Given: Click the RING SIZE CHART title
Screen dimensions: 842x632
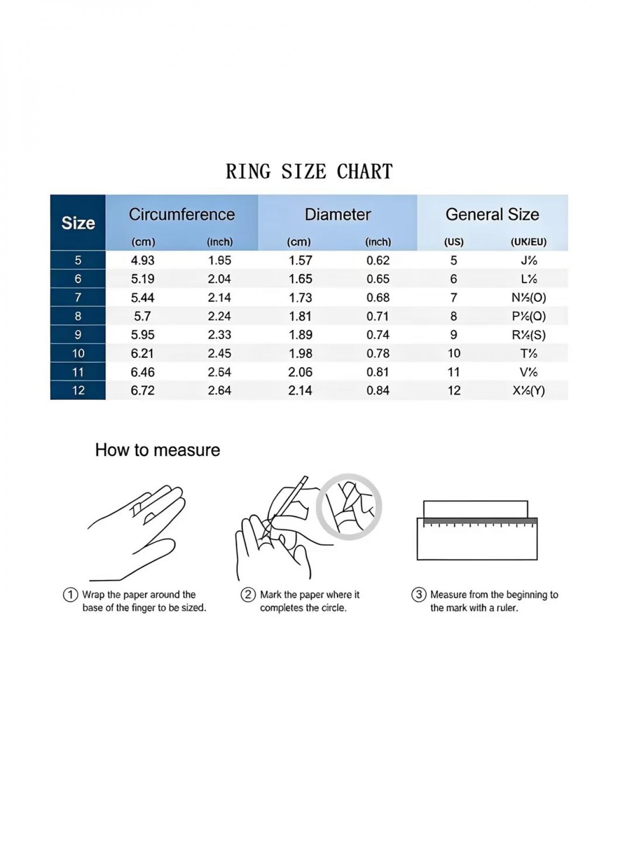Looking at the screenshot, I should (309, 171).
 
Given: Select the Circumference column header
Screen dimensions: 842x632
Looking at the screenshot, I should (182, 214).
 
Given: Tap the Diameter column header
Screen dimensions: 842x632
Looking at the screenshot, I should (338, 214).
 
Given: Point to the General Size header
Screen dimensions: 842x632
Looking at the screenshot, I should (492, 214).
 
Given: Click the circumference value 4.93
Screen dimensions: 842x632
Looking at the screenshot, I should (142, 260).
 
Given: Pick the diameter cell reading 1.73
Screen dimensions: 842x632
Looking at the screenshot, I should (300, 298).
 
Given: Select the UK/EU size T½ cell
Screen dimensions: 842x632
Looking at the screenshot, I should (529, 353).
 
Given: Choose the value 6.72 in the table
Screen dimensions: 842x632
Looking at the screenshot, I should (142, 390).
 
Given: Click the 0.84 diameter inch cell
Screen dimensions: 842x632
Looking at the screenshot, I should (378, 390).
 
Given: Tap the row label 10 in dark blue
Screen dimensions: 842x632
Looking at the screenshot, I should (78, 353).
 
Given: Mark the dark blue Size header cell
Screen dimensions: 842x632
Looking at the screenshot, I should (78, 223).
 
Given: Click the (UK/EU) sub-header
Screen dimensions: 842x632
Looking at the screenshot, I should (529, 242).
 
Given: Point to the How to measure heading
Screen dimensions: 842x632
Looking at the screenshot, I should (157, 450).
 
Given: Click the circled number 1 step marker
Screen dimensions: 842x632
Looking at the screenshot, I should (70, 595).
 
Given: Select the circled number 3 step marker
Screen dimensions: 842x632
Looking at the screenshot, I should (419, 595).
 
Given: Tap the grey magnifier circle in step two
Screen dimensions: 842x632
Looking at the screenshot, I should (349, 507).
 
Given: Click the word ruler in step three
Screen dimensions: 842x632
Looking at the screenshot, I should (507, 608).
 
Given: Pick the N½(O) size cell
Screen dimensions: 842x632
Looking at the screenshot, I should (529, 298).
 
